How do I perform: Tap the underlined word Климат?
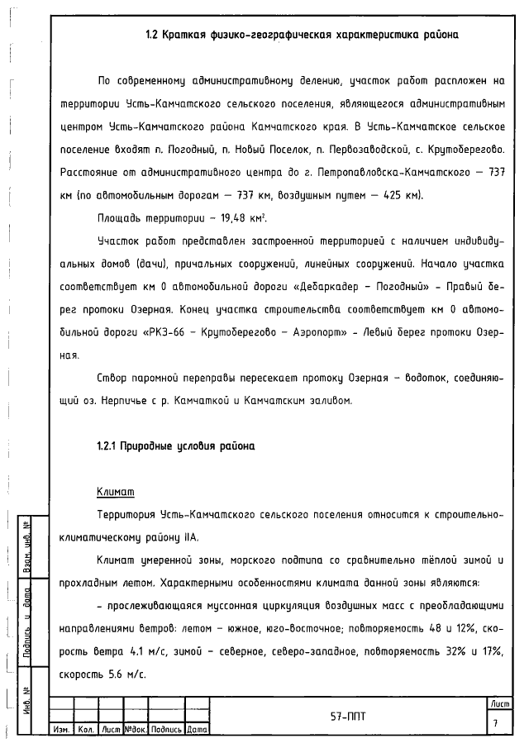pyautogui.click(x=115, y=493)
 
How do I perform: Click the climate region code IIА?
pyautogui.click(x=190, y=536)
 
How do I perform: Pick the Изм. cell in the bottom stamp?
pyautogui.click(x=61, y=731)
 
